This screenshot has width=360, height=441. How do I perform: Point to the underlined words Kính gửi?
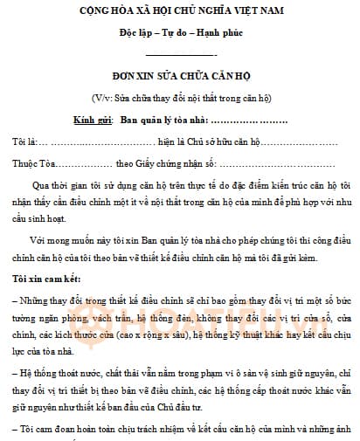pyautogui.click(x=92, y=118)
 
